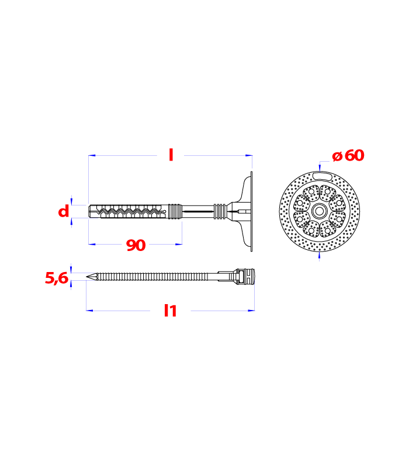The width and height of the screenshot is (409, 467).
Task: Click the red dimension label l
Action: [171, 155]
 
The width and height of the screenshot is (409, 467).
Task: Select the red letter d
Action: [64, 211]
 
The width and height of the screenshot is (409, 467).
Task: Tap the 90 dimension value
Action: [136, 245]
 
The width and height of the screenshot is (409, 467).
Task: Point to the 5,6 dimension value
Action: [57, 278]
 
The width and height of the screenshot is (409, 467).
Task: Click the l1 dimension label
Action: [171, 311]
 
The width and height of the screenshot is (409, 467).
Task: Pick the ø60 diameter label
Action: [348, 155]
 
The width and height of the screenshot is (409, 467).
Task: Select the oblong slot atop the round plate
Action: [323, 176]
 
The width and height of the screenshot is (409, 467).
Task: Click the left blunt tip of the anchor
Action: [89, 211]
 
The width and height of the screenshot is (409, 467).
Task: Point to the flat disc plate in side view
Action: [251, 211]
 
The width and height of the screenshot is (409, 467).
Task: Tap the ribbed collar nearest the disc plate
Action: [220, 211]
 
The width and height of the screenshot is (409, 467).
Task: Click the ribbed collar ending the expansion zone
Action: [175, 211]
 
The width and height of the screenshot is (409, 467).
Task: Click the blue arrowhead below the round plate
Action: [320, 255]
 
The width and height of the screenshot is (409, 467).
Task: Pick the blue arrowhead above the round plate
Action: [320, 168]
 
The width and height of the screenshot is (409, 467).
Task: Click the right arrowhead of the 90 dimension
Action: [179, 244]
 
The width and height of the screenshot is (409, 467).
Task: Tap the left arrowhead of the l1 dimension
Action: [89, 311]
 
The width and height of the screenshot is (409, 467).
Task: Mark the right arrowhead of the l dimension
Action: [249, 155]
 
